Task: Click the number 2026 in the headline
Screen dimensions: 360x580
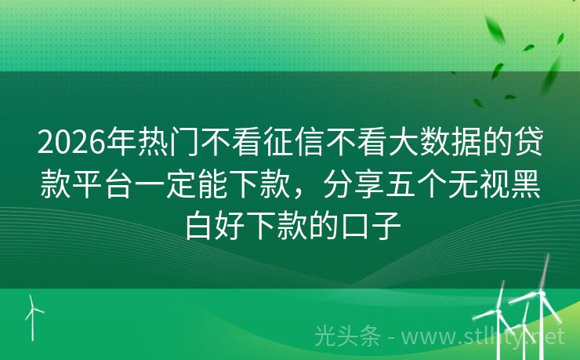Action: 70,145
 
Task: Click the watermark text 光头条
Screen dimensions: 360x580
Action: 346,336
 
